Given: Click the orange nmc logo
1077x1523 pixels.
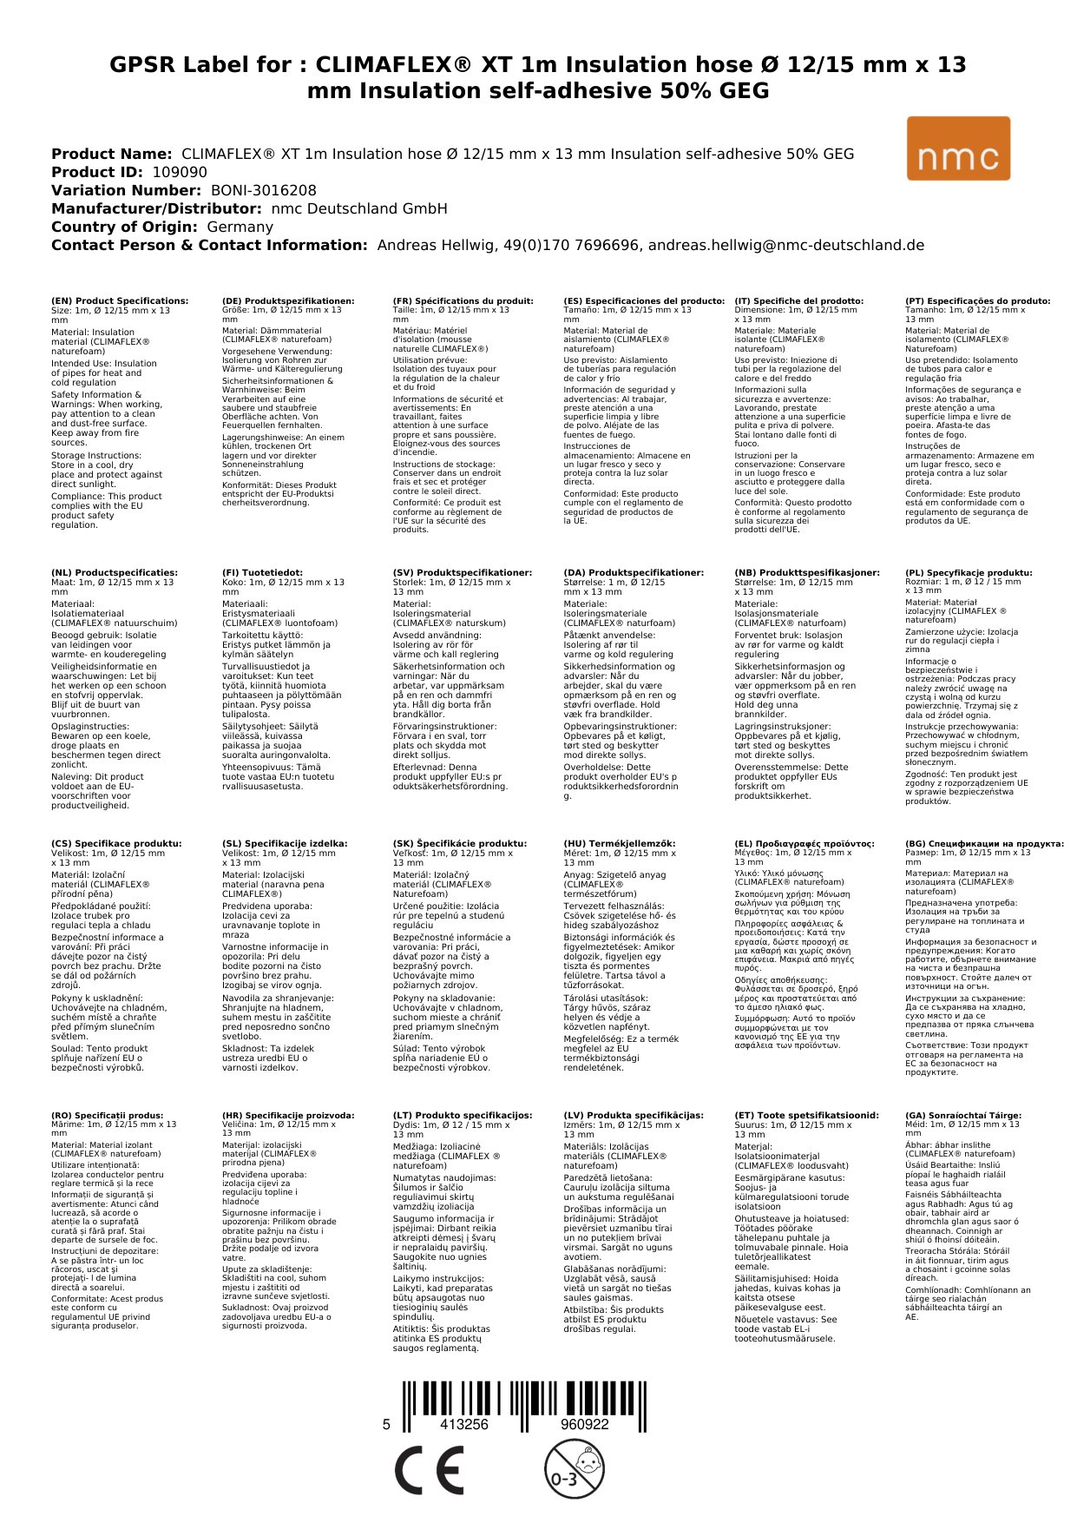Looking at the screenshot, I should [x=957, y=148].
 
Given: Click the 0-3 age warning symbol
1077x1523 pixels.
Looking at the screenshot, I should [x=574, y=1468].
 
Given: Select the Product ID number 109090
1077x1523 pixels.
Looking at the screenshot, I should [x=180, y=172].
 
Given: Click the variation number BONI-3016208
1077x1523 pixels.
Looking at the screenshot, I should [x=263, y=190].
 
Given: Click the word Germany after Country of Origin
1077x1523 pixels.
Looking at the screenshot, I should [x=240, y=227].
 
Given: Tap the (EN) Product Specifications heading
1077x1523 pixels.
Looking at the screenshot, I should [x=120, y=301].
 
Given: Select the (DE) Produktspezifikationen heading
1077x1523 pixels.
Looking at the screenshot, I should [x=288, y=301].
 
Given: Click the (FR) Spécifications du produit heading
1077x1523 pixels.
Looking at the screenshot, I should [x=463, y=301].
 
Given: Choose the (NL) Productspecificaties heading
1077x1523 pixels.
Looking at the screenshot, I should [x=114, y=573].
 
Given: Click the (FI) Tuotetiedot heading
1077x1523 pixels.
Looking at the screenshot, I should [x=262, y=573].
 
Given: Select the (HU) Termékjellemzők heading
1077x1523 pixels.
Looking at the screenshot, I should [x=619, y=843].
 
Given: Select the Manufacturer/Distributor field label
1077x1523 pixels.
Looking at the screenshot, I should [x=156, y=208].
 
